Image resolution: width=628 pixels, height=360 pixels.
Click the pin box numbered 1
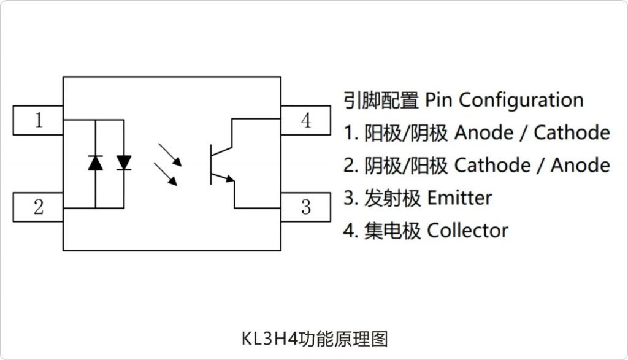pos(38,120)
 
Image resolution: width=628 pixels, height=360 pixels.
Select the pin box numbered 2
pos(38,207)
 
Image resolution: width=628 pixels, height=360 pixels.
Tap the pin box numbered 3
pos(305,207)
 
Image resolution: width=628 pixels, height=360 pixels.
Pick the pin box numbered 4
pos(305,120)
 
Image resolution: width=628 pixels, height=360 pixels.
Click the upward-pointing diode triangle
pos(96,163)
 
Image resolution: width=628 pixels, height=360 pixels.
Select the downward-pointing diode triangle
pos(124,163)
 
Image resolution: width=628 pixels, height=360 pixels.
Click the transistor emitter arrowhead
pos(229,178)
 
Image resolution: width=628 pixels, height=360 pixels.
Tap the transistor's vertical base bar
pos(211,164)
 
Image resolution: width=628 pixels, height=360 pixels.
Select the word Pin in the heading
pos(438,99)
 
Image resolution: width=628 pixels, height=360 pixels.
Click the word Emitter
pos(459,198)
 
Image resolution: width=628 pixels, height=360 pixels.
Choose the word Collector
pos(467,231)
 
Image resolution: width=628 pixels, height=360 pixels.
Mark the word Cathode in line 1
pos(572,132)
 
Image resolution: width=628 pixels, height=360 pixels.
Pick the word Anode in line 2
pos(580,165)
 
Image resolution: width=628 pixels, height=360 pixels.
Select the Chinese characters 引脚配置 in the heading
pos(380,99)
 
